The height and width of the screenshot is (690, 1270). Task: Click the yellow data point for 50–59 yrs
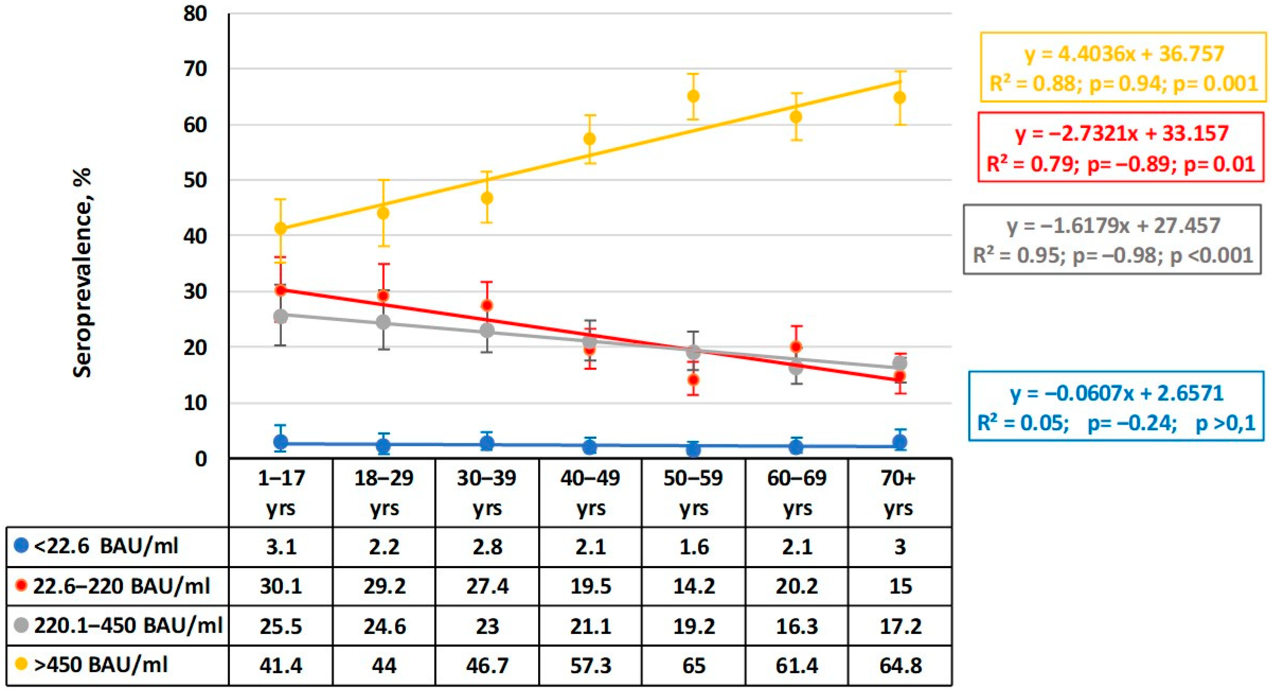point(693,96)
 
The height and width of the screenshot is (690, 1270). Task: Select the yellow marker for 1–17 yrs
point(280,228)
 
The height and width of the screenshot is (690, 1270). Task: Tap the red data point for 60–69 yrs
point(796,346)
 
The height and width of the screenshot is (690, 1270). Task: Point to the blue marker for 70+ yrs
point(900,441)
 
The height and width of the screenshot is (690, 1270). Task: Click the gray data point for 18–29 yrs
point(384,322)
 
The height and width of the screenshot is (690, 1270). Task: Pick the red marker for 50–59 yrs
point(693,380)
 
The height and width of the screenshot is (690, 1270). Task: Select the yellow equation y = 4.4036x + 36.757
point(1124,54)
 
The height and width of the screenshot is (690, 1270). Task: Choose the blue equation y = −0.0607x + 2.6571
point(1117,393)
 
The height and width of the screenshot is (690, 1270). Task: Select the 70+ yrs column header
point(900,492)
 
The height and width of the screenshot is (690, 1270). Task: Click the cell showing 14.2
point(693,586)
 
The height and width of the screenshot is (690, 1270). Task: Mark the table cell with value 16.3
point(796,626)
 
